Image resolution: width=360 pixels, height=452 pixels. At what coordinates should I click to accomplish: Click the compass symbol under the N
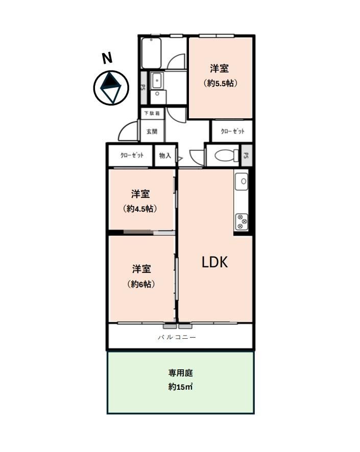pyautogui.click(x=111, y=88)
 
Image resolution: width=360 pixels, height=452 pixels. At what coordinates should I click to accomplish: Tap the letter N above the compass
pyautogui.click(x=107, y=58)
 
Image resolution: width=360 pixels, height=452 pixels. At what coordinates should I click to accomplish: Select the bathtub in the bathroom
pyautogui.click(x=151, y=54)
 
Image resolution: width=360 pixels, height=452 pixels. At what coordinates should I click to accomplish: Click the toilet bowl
pyautogui.click(x=227, y=156)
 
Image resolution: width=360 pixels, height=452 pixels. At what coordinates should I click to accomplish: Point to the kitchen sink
pyautogui.click(x=241, y=181)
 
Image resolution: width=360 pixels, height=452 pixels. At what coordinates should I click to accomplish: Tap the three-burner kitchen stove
pyautogui.click(x=242, y=222)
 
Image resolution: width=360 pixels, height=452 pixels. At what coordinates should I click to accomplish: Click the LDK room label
pyautogui.click(x=214, y=262)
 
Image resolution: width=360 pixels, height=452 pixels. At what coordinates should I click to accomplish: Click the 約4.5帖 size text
pyautogui.click(x=140, y=209)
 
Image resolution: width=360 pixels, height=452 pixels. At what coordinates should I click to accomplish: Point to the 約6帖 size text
pyautogui.click(x=141, y=284)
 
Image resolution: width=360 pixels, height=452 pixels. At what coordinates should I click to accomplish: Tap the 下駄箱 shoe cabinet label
pyautogui.click(x=152, y=113)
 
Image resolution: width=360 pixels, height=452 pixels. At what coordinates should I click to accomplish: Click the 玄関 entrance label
pyautogui.click(x=152, y=132)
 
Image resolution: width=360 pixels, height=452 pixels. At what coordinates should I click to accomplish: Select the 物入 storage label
pyautogui.click(x=165, y=156)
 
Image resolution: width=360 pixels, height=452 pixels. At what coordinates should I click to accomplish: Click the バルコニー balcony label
pyautogui.click(x=177, y=337)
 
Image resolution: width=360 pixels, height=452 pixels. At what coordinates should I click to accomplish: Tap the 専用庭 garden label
pyautogui.click(x=181, y=373)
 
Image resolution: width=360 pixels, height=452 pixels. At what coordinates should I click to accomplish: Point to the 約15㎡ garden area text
pyautogui.click(x=180, y=387)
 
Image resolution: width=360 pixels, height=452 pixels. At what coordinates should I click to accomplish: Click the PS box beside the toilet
pyautogui.click(x=246, y=156)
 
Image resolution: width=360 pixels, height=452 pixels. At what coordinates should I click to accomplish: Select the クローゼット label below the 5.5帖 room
pyautogui.click(x=232, y=131)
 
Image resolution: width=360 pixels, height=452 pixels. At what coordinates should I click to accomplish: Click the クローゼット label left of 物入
pyautogui.click(x=132, y=156)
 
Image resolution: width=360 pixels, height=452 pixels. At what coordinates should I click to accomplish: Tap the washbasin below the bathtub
pyautogui.click(x=157, y=81)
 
